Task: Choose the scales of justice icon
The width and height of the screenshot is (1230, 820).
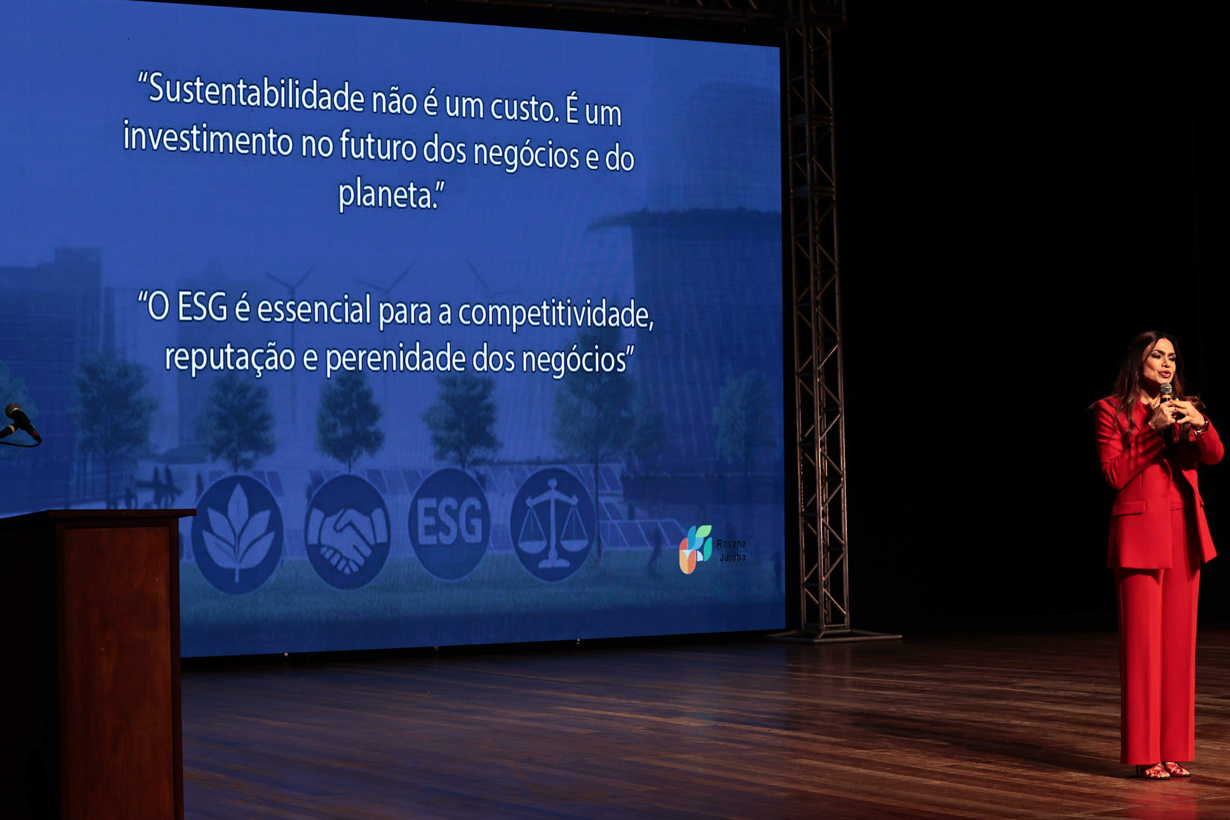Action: click(x=553, y=524)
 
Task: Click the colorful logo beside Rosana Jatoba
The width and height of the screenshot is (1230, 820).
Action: click(x=695, y=549)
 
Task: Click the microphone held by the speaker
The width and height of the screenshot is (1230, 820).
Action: click(x=1166, y=413)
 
